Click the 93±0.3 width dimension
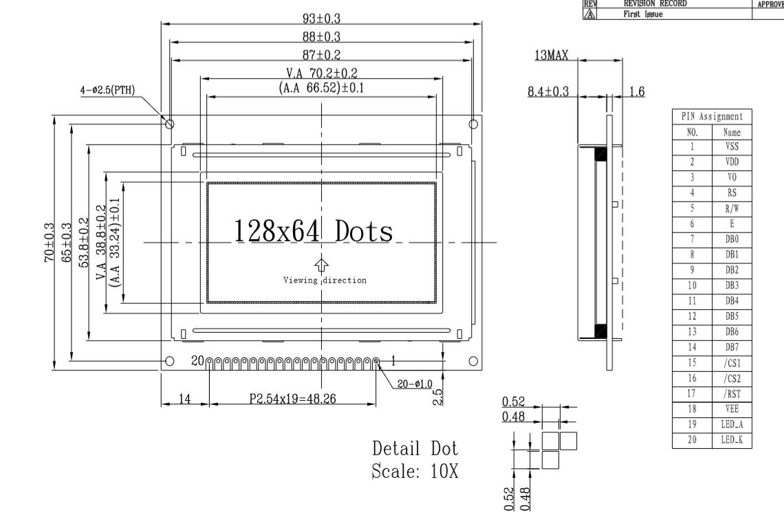[x=321, y=19]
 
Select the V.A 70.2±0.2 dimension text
[x=321, y=73]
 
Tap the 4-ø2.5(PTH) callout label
[x=107, y=91]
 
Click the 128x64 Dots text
[x=314, y=230]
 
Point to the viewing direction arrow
[x=321, y=265]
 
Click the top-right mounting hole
[x=473, y=124]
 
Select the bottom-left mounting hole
[x=169, y=361]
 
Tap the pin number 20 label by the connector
[x=198, y=360]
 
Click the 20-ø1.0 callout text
[x=415, y=384]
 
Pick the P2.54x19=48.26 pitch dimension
[x=292, y=399]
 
